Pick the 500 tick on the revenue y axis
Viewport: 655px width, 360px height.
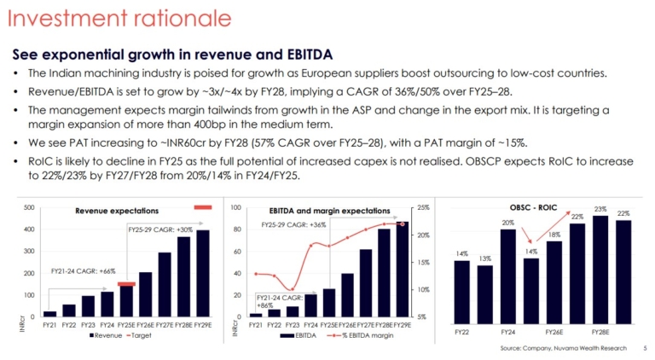29,208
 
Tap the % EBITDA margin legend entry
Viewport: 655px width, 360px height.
362,336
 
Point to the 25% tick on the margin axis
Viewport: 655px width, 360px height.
424,208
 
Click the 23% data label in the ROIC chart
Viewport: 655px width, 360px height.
600,209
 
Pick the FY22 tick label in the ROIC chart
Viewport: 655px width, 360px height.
461,330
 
